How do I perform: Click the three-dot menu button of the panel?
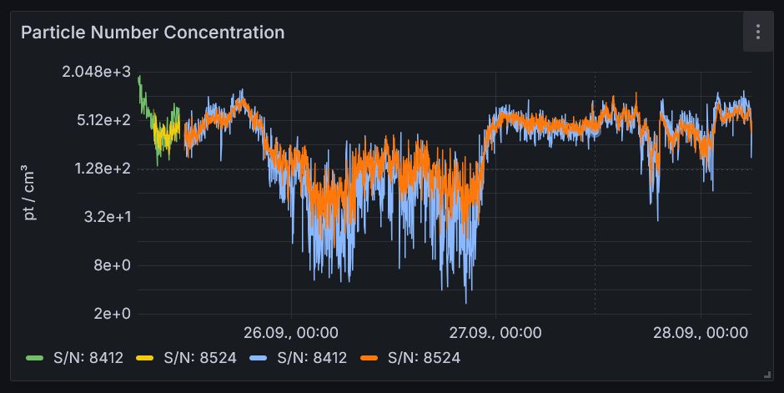point(757,33)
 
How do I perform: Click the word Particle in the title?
point(48,33)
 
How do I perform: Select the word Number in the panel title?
point(115,33)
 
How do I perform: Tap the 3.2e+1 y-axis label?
point(108,217)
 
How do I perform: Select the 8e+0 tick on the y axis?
point(113,265)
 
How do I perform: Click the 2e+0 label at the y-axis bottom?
point(113,314)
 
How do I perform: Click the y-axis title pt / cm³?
point(30,194)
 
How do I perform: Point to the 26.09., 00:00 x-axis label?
point(291,333)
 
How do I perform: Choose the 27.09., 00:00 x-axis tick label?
point(495,333)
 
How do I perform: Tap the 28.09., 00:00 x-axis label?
point(700,333)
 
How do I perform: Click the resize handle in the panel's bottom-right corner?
point(766,375)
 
